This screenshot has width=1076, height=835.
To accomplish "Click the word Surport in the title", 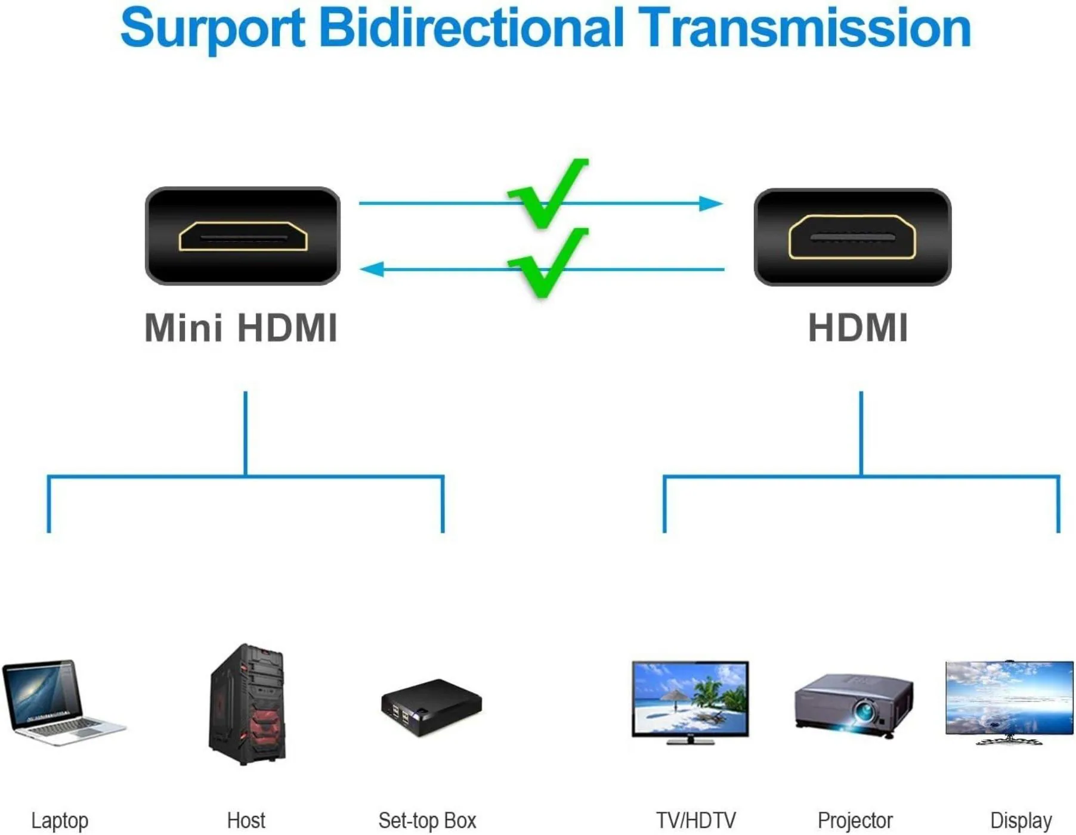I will (x=213, y=29).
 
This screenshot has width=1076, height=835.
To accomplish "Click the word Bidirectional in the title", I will (x=471, y=27).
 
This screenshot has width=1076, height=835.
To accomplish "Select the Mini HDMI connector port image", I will (x=243, y=236).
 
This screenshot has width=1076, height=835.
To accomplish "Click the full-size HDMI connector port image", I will (x=852, y=237).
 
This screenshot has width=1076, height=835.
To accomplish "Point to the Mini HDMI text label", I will (x=241, y=328).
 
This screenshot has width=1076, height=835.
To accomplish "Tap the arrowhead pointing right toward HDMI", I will (x=711, y=204).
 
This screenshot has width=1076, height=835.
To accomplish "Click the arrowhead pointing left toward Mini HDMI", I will (x=372, y=269).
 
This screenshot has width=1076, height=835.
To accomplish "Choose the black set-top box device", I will (x=431, y=707).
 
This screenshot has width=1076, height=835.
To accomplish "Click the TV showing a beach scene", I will (x=690, y=701).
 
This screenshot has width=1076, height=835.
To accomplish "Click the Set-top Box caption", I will (x=427, y=821).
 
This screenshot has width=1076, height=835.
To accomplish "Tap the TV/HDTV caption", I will (x=695, y=821).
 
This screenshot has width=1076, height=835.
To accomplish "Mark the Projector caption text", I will (x=855, y=821).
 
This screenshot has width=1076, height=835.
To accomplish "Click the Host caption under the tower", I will (x=246, y=821).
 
